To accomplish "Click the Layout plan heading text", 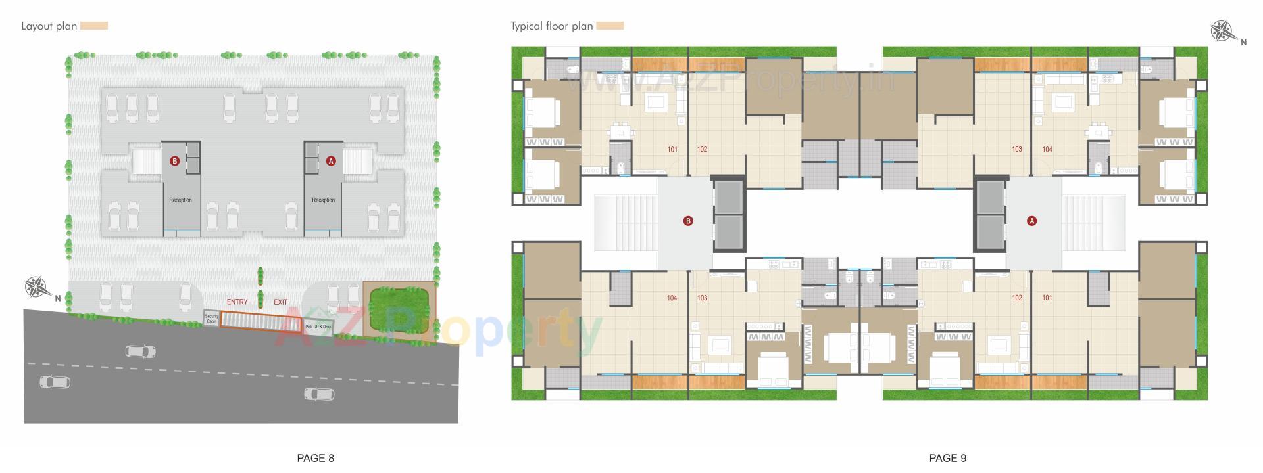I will [49, 26].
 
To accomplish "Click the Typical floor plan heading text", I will [551, 26].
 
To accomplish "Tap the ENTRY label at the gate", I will [237, 302].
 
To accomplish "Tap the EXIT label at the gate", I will [281, 302].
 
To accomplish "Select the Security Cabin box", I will [211, 319].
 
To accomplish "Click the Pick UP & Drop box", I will [318, 327].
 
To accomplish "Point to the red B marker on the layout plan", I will [174, 161].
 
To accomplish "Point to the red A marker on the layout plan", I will [331, 161].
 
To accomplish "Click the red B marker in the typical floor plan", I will [688, 221].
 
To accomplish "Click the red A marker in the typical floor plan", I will [1031, 221].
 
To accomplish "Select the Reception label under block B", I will [180, 200].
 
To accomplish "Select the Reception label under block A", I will [323, 200].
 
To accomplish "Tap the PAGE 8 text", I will [316, 458].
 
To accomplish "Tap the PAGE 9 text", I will [947, 458].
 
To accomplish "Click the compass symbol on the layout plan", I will [37, 287].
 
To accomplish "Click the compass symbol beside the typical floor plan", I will [1223, 31].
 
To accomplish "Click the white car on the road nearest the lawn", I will [319, 394].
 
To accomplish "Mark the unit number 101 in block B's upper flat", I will [672, 150].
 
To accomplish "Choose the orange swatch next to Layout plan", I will [94, 26].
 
